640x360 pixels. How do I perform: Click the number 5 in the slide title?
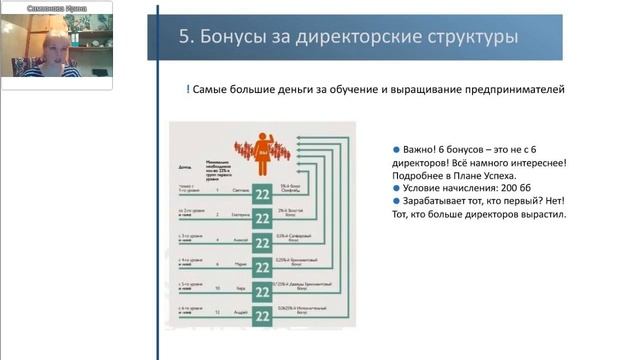pyautogui.click(x=184, y=37)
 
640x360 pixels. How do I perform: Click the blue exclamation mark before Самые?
pyautogui.click(x=188, y=90)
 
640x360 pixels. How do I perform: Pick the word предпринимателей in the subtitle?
pyautogui.click(x=515, y=90)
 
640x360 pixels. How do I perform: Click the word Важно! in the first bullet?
pyautogui.click(x=422, y=150)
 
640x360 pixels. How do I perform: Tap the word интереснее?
pyautogui.click(x=536, y=163)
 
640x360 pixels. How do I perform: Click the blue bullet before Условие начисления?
pyautogui.click(x=396, y=189)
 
